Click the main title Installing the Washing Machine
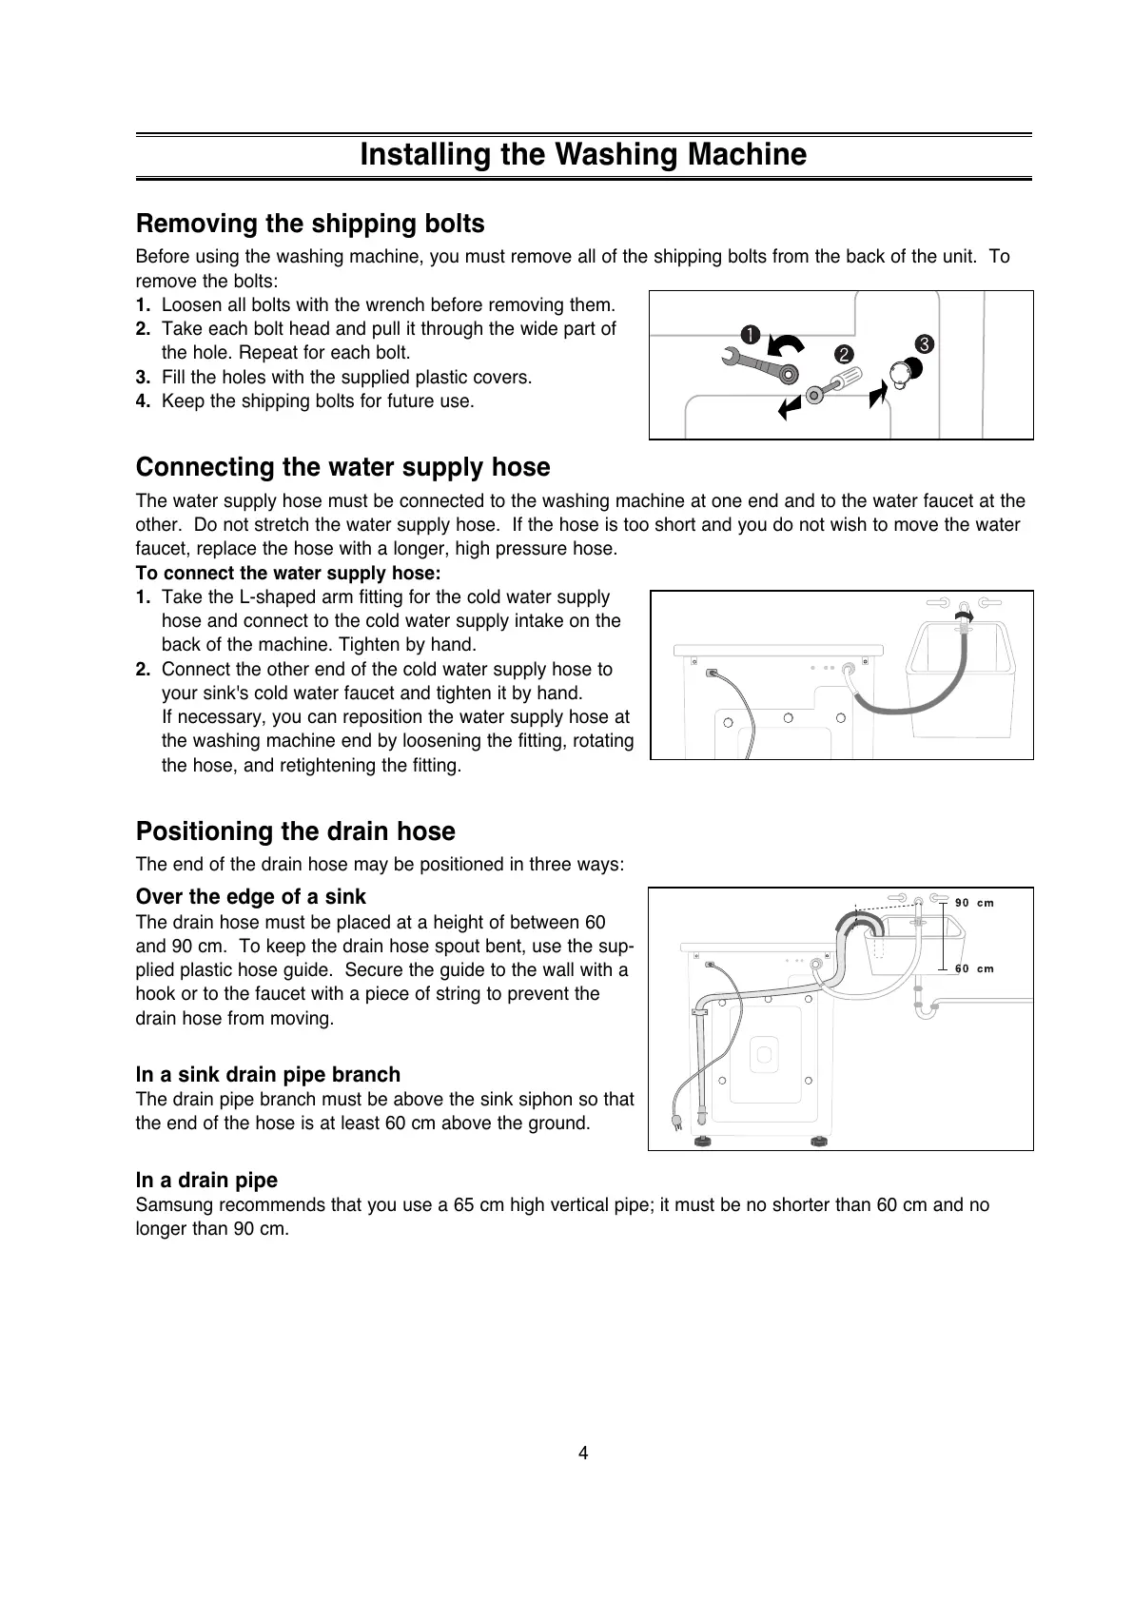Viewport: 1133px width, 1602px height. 582,155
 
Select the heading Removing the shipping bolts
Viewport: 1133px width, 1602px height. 310,224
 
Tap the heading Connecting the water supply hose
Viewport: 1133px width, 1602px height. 342,467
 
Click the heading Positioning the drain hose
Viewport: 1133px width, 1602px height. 295,831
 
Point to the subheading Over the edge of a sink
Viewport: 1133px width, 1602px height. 250,896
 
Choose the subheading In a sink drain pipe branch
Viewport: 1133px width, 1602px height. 267,1074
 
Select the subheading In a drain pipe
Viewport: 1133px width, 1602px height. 206,1180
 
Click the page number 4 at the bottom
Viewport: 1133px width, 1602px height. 583,1453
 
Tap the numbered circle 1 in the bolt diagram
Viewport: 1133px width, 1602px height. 751,334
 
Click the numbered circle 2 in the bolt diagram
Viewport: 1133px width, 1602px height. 842,354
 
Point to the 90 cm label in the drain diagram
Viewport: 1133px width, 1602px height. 974,903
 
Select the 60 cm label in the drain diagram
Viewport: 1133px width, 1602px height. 974,968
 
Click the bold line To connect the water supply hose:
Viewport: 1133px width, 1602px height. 288,573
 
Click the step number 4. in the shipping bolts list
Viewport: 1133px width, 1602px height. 144,401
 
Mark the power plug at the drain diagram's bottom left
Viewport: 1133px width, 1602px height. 676,1123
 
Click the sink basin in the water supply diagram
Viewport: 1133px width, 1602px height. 963,666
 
